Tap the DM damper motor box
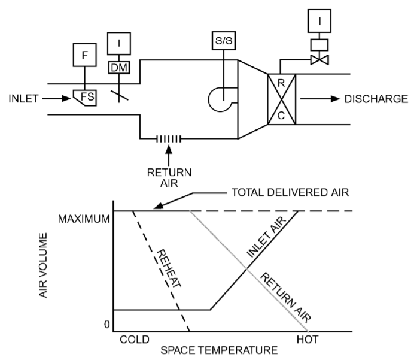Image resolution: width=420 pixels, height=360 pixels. (x=119, y=68)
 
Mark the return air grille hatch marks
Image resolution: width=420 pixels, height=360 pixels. (x=169, y=139)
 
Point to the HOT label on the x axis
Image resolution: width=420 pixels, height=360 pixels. (x=308, y=338)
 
